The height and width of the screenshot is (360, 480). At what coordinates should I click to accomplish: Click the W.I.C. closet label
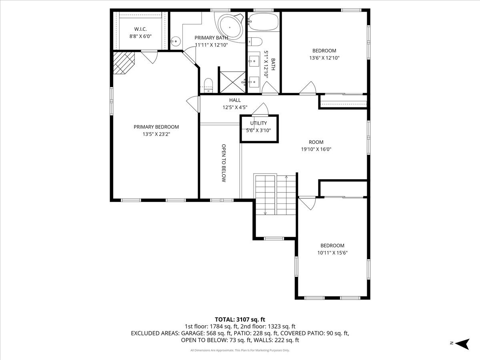pos(140,29)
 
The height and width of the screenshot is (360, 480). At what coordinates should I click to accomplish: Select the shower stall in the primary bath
pos(232,82)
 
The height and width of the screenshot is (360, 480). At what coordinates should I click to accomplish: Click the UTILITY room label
pos(258,123)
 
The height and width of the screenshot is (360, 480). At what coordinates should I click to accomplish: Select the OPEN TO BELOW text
pos(224,163)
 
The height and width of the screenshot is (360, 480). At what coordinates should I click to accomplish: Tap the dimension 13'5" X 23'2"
pos(156,134)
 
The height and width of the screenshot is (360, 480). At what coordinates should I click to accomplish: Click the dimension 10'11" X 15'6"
pos(332,252)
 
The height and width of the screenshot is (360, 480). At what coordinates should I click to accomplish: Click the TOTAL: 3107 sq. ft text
pos(240,319)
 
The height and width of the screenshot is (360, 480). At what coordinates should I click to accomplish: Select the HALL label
pos(235,100)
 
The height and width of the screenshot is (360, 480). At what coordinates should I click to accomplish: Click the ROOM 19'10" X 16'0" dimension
pos(316,149)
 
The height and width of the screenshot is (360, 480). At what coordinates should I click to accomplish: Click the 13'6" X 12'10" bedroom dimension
pos(324,58)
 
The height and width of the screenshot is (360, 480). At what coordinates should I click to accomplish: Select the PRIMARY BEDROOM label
pos(156,127)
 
